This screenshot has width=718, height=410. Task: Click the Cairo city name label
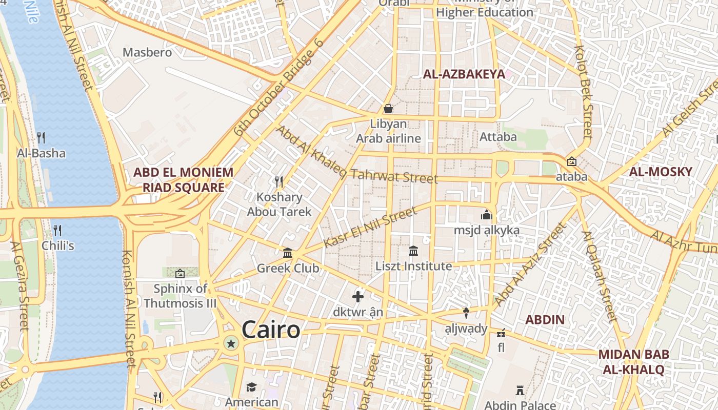coord(271,330)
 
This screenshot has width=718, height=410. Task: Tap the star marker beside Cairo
coord(231,343)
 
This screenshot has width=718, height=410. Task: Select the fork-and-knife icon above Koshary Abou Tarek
coord(279,181)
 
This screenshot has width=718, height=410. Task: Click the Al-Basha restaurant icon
coord(41,137)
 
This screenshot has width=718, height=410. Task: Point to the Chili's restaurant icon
coord(57,230)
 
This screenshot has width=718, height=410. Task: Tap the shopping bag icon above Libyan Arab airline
coord(388,109)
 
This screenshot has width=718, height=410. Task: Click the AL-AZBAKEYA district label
coord(464,74)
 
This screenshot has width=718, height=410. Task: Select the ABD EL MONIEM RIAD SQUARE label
coord(183,180)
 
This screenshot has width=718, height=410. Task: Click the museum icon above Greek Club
coord(288,253)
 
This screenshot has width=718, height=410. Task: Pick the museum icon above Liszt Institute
coord(413,251)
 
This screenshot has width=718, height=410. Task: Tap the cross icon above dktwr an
coord(358,296)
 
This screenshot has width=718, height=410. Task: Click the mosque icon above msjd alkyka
coord(486,215)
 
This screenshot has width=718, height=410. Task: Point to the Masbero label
coord(147,52)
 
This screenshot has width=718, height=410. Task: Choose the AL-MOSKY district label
coord(661,172)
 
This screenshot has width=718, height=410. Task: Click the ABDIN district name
coord(545,320)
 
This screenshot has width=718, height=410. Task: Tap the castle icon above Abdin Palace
coord(520,390)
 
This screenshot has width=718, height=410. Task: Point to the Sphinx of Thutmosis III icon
coord(180,274)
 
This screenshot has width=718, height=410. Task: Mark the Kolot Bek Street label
coord(584,91)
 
